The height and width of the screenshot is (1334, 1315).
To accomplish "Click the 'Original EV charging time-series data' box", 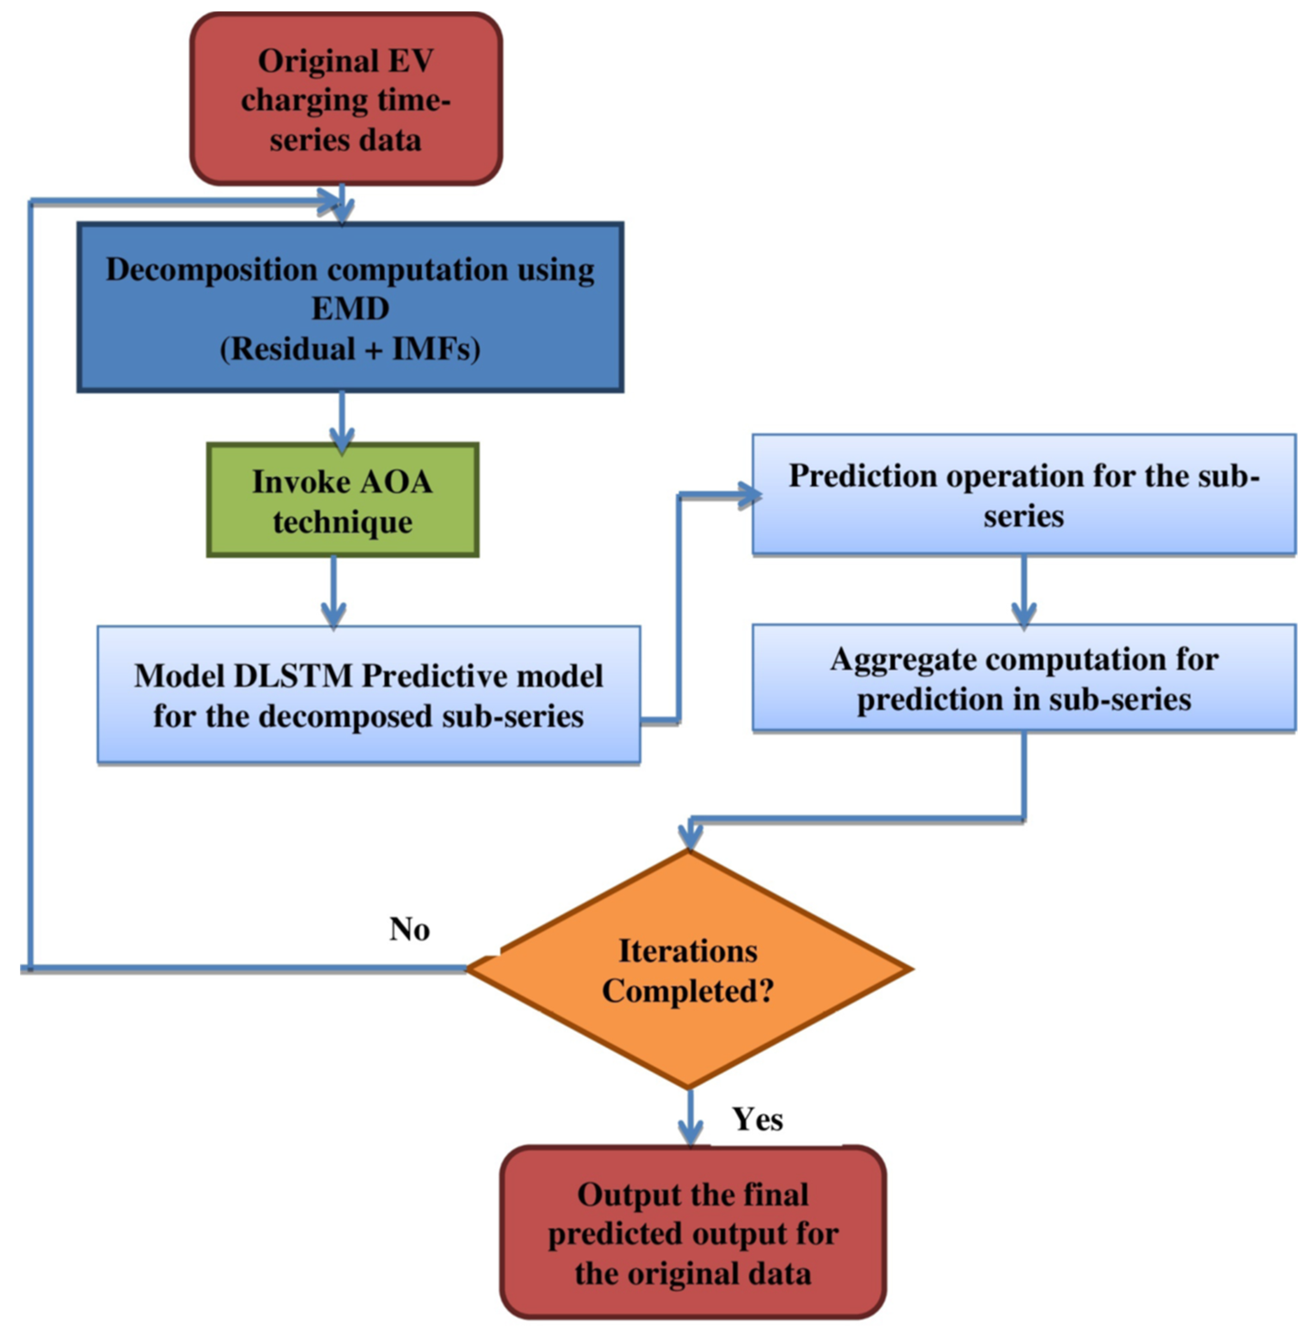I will pos(345,100).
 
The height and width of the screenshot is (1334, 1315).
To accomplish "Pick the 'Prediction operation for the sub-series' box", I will pos(1024,495).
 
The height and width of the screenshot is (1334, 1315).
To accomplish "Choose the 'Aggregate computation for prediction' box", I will pos(1024,678).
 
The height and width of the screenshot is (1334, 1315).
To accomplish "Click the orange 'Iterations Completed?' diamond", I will pos(688,970).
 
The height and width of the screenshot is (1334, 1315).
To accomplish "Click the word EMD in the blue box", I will pos(350,308).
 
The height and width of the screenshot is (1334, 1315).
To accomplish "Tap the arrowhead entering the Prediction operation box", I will pos(750,495).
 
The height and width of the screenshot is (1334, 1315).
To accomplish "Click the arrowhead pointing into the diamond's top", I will pos(690,836).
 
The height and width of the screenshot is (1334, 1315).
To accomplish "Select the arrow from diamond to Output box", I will pos(690,1119).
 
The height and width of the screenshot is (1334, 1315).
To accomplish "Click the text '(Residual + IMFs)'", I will pos(350,349).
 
